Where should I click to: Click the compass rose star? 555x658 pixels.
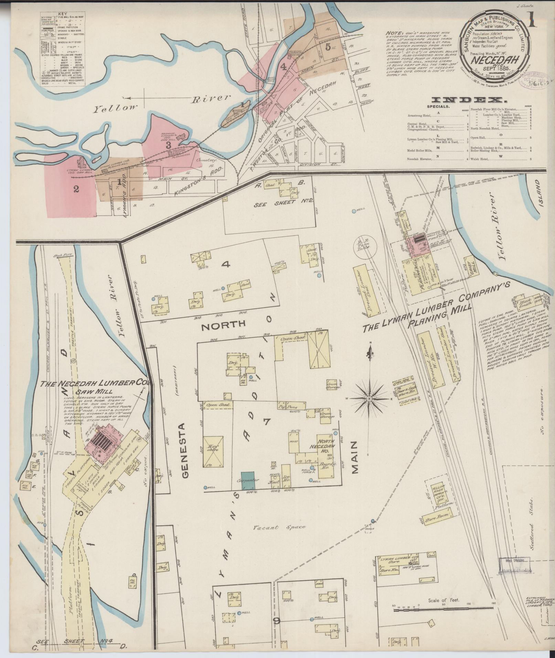point(369,398)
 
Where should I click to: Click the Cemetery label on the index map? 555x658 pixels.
point(205,161)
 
